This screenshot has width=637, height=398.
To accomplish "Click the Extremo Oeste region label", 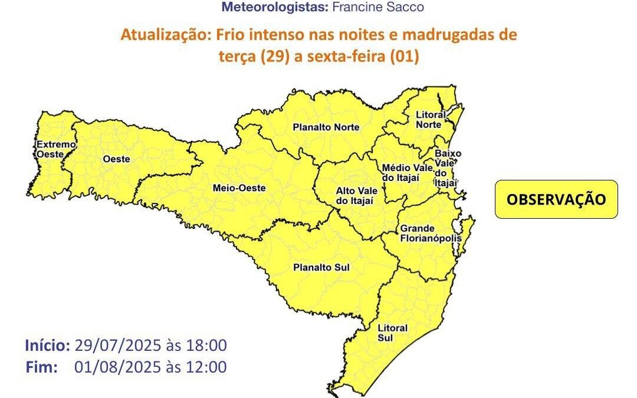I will click(x=55, y=149).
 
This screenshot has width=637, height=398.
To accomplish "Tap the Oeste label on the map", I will click(x=116, y=159).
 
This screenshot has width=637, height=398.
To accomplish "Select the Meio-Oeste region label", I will click(x=239, y=188).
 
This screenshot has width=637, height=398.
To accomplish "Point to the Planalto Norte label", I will click(x=326, y=127).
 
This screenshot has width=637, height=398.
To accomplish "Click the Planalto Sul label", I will click(x=321, y=268).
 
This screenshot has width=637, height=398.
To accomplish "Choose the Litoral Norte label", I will click(x=431, y=120).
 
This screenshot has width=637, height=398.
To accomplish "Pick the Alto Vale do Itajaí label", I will click(x=354, y=196).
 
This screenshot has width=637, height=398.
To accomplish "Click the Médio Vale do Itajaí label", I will click(x=407, y=173).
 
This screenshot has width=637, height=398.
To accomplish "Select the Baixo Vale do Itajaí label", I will click(x=447, y=168).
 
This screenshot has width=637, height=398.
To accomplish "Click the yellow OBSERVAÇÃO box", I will click(x=556, y=199).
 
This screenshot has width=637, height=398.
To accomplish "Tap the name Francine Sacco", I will click(x=386, y=7).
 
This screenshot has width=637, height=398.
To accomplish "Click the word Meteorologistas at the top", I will click(x=272, y=7).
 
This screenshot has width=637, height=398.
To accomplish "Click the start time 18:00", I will click(x=208, y=346).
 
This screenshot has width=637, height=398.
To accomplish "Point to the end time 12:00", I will click(x=208, y=367).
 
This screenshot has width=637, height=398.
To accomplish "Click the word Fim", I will click(x=42, y=367).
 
